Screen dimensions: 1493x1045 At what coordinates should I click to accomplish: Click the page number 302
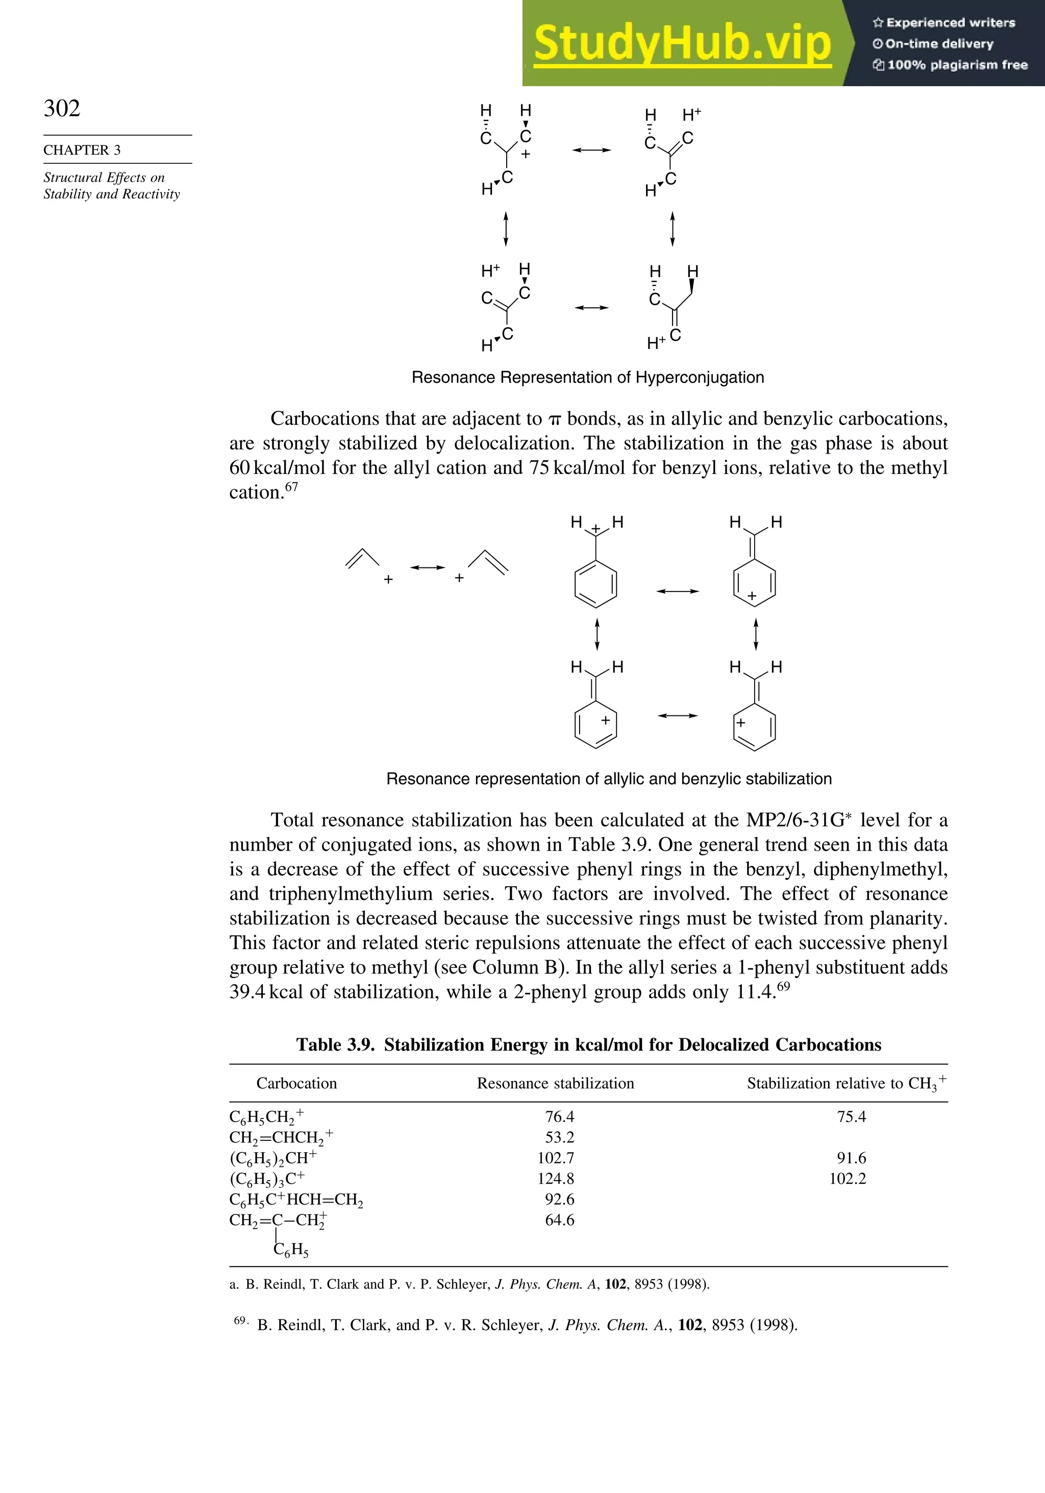(62, 108)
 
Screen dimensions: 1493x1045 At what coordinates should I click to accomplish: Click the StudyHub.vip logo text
(682, 43)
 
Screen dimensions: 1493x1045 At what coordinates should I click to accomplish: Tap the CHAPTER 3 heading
(82, 150)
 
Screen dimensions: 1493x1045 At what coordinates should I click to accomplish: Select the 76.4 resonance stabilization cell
(559, 1116)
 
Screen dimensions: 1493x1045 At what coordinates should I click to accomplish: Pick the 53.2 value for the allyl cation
(559, 1137)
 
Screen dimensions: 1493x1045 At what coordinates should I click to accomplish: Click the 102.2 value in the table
(848, 1178)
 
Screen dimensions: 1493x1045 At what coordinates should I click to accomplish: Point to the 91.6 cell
(851, 1158)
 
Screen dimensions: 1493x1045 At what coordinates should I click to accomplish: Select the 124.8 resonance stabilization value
(556, 1178)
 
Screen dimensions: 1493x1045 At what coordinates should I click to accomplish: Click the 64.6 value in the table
(559, 1220)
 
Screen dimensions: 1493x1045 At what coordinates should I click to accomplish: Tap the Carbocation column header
(296, 1083)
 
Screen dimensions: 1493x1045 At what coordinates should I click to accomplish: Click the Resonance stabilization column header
(555, 1083)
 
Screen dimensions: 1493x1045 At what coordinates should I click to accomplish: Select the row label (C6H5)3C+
(267, 1179)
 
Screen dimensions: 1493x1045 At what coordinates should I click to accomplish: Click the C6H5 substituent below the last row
(291, 1249)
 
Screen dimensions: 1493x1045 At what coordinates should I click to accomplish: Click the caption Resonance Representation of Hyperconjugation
(588, 378)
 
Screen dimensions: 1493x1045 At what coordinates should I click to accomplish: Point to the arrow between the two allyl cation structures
(427, 568)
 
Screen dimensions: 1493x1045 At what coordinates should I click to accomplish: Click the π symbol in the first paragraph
(554, 420)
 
